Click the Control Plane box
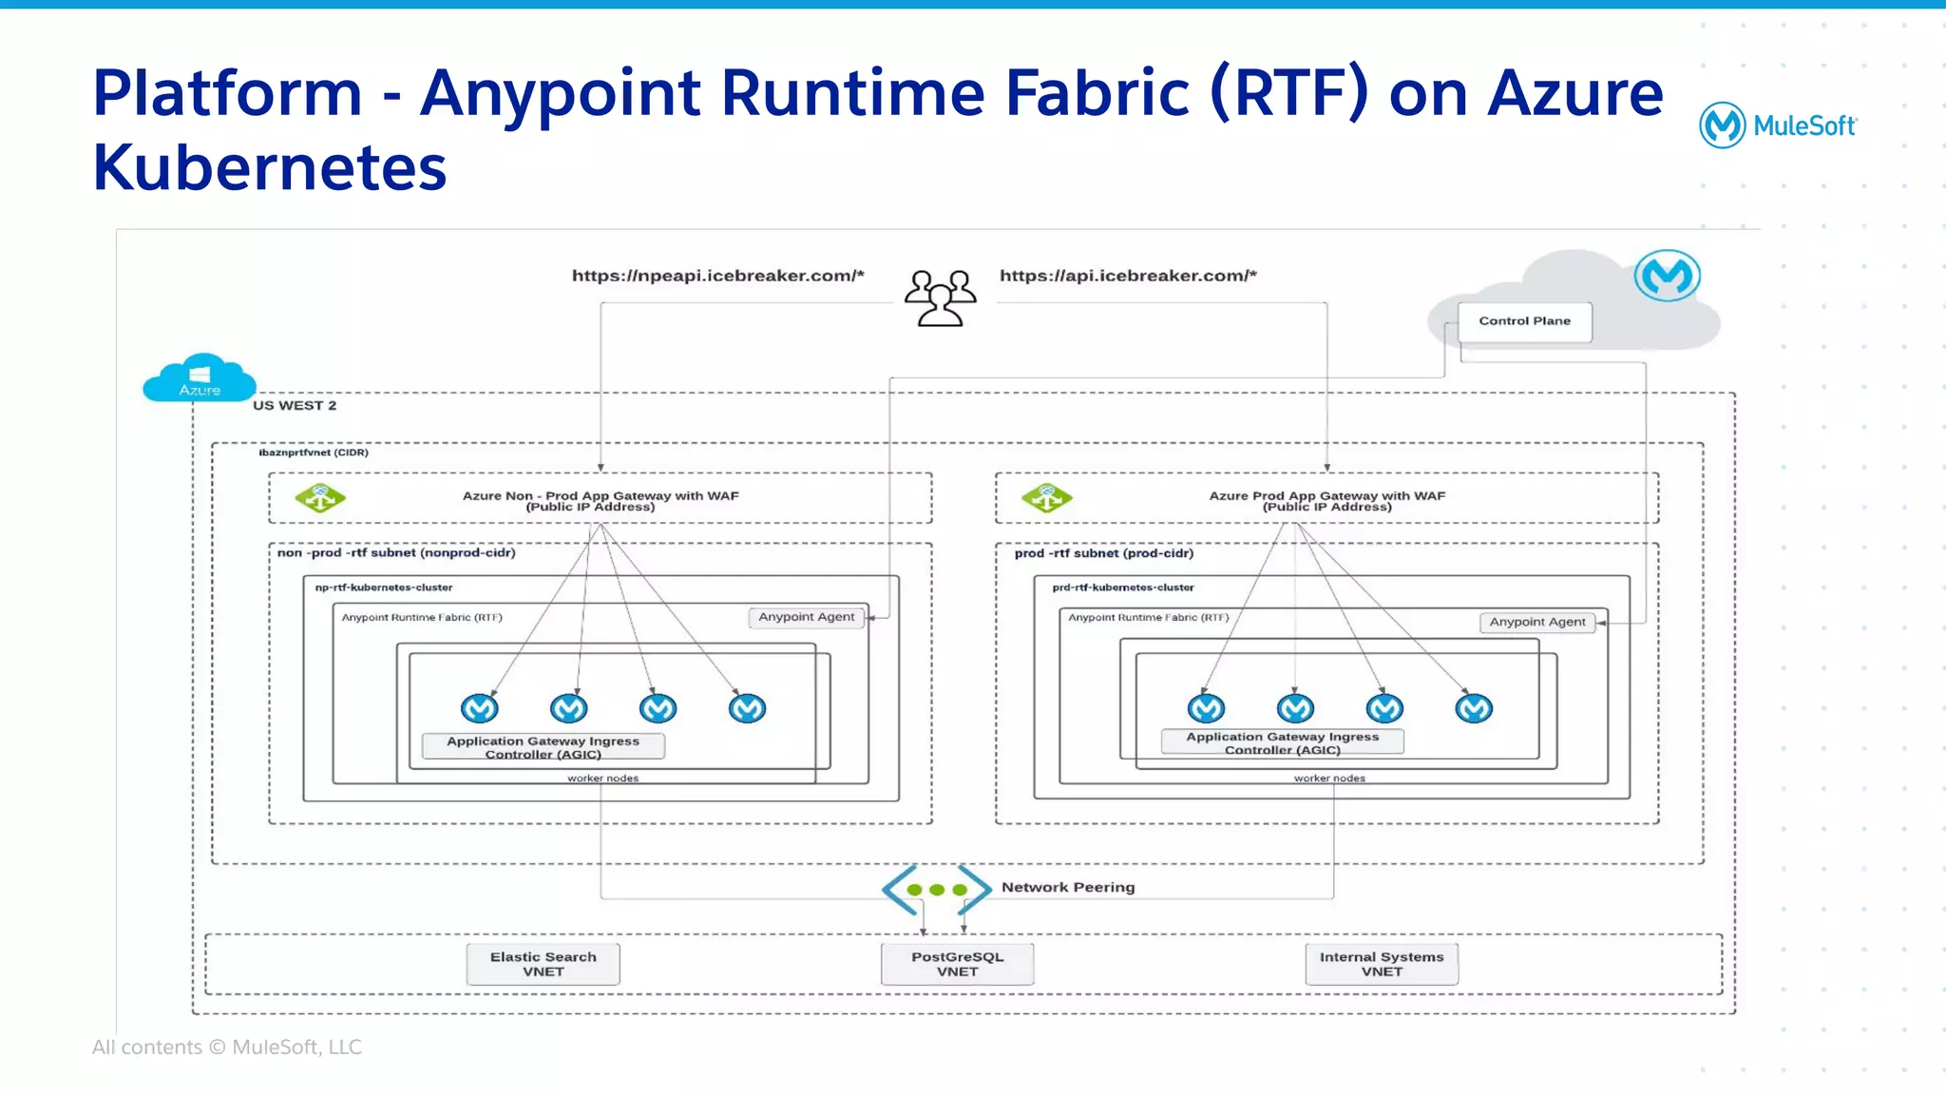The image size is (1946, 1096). point(1524,321)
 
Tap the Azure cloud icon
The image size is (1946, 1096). point(200,378)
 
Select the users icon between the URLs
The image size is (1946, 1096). point(940,298)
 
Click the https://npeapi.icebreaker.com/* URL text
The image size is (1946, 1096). point(717,276)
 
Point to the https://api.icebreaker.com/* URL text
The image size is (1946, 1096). point(1128,276)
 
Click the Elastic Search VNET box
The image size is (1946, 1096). point(543,964)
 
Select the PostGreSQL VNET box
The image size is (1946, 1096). point(957,964)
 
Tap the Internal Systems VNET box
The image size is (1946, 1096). point(1381,964)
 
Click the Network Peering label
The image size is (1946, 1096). point(1068,887)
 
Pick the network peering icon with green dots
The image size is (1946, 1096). point(937,890)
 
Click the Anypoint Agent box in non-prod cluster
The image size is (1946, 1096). point(806,617)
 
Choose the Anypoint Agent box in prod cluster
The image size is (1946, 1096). point(1536,622)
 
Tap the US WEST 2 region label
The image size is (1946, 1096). point(295,405)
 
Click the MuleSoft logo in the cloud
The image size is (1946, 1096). point(1667,276)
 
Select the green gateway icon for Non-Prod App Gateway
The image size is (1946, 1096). point(319,497)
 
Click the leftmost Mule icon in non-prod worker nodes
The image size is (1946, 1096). point(479,708)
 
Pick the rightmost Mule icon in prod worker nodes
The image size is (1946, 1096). point(1474,708)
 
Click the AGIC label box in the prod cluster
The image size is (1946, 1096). point(1282,742)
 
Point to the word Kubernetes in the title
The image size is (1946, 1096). point(270,167)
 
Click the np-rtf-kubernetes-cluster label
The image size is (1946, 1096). point(384,587)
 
